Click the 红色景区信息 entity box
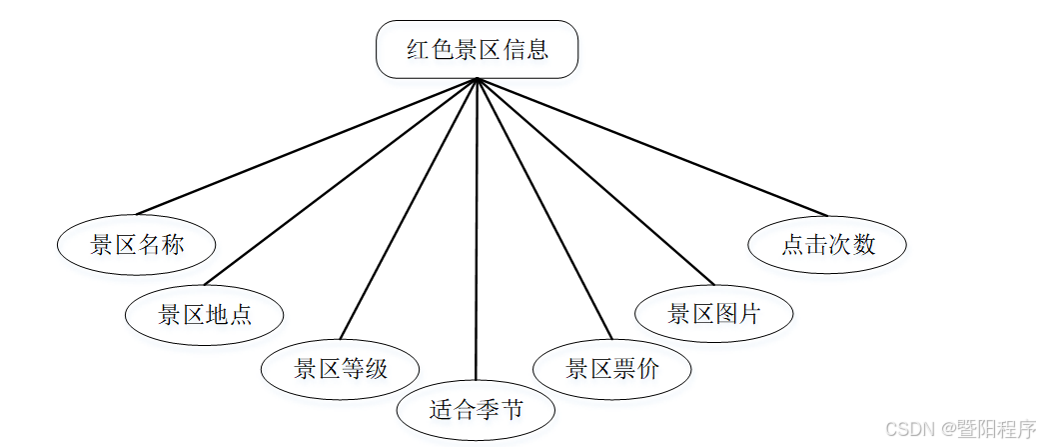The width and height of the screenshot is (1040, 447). pos(477,49)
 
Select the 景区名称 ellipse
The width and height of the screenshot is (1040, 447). pos(137,245)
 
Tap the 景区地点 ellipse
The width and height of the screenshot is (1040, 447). pos(204,315)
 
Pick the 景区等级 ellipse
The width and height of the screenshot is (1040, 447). pos(340,369)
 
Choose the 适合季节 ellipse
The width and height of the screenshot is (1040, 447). pos(476,410)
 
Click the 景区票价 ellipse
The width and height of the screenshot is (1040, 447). pos(611,369)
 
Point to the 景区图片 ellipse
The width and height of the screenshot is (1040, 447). pos(713,314)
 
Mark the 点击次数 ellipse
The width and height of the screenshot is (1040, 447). pos(827,244)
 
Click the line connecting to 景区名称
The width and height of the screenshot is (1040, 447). pos(307,146)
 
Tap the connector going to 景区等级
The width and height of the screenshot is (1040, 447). pos(409,209)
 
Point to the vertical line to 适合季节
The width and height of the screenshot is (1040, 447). pos(477,230)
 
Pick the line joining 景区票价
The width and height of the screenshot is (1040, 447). pos(544,209)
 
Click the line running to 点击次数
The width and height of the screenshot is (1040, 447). pos(652,146)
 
